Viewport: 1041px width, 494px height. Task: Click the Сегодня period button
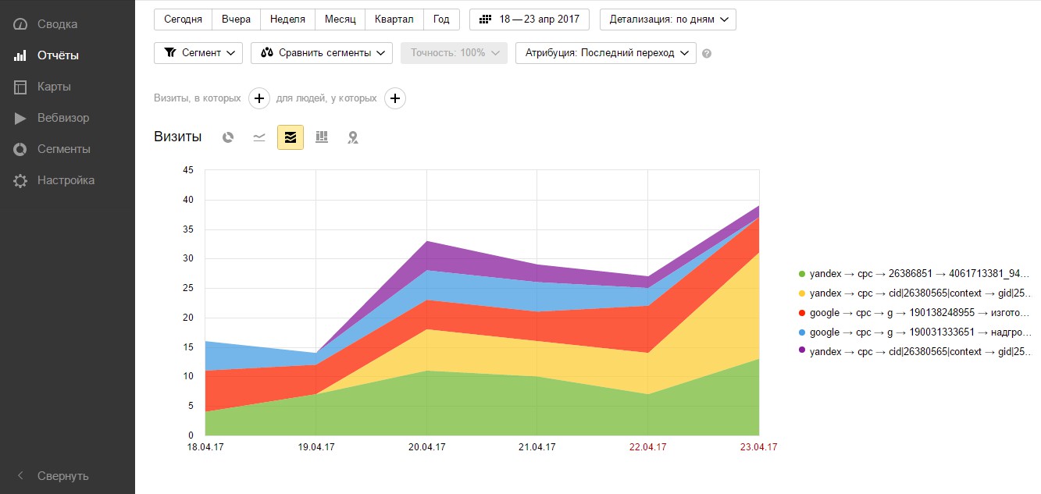coord(183,19)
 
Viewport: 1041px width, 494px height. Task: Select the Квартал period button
coord(394,19)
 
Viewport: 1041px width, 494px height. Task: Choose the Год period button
coord(441,19)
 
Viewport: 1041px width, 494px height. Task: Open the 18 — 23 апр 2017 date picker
coord(529,19)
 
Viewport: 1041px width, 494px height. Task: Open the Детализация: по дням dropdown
coord(668,19)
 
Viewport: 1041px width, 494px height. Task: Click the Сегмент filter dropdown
coord(198,53)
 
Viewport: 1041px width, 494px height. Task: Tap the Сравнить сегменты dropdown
coord(321,53)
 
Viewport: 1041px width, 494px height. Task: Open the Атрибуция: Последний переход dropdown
coord(605,53)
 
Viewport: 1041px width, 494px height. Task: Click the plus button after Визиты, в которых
coord(259,98)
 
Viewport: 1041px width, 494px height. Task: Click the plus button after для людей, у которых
coord(395,98)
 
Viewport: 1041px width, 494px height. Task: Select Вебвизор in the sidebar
coord(62,118)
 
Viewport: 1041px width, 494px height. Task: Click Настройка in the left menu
coord(66,180)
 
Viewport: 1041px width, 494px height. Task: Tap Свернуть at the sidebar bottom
coord(62,476)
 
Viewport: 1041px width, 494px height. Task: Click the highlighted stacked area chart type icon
coord(291,137)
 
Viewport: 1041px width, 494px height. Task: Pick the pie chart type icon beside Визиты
coord(228,137)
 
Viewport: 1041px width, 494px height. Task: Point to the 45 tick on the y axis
coord(187,170)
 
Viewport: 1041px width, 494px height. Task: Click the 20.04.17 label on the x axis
coord(426,447)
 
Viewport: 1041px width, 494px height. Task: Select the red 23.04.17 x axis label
coord(758,447)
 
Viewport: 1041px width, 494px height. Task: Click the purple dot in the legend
coord(801,352)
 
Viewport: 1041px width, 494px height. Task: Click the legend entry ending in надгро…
coord(920,332)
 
